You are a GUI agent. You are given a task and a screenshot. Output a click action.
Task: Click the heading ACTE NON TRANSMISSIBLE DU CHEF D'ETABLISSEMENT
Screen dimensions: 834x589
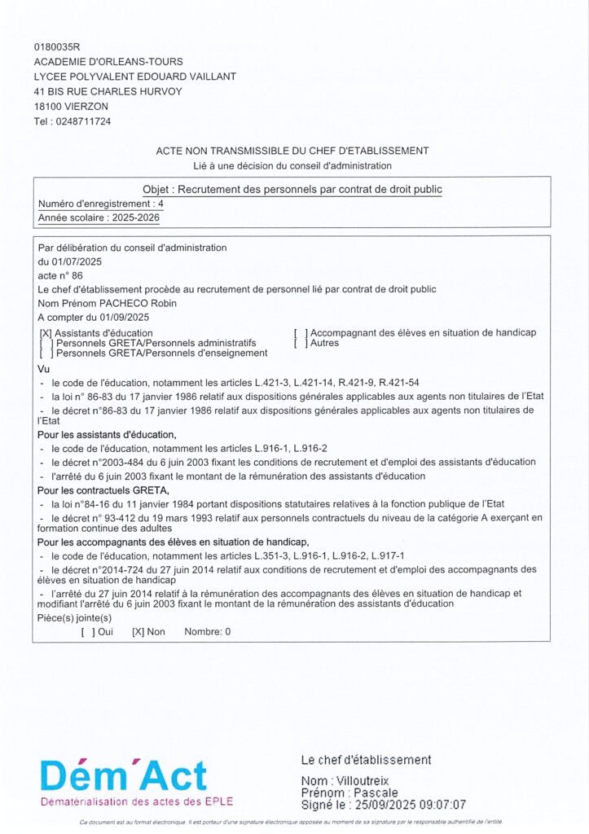pos(292,151)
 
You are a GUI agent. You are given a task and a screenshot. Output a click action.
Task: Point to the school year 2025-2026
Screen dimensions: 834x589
pos(136,218)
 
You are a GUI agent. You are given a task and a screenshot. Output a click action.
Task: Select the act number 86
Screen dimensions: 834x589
pos(77,275)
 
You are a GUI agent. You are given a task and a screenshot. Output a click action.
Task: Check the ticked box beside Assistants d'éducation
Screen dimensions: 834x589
pos(46,333)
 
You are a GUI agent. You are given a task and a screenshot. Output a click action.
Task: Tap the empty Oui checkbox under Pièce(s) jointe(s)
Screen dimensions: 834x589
pos(88,631)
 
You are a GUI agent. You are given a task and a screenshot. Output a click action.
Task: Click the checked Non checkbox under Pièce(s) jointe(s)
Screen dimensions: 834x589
pos(138,631)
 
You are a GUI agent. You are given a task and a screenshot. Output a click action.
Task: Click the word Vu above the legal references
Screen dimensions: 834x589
pos(44,369)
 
